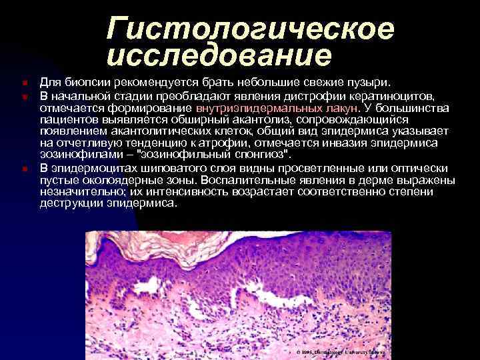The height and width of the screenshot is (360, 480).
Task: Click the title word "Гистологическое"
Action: click(x=251, y=29)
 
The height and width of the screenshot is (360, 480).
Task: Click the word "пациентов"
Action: click(x=67, y=119)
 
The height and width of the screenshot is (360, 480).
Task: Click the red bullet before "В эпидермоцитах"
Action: click(x=23, y=168)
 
